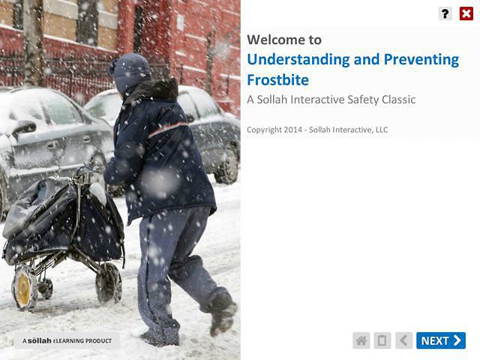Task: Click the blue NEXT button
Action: coord(441,340)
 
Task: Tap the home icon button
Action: coord(361,340)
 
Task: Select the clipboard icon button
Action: coord(382,340)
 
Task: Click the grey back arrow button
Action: coord(403,340)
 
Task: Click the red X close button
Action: coord(466,13)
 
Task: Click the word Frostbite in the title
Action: coord(277,79)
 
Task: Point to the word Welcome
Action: coord(274,40)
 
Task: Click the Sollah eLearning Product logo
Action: coord(67,340)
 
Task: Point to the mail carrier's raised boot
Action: coord(223,311)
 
